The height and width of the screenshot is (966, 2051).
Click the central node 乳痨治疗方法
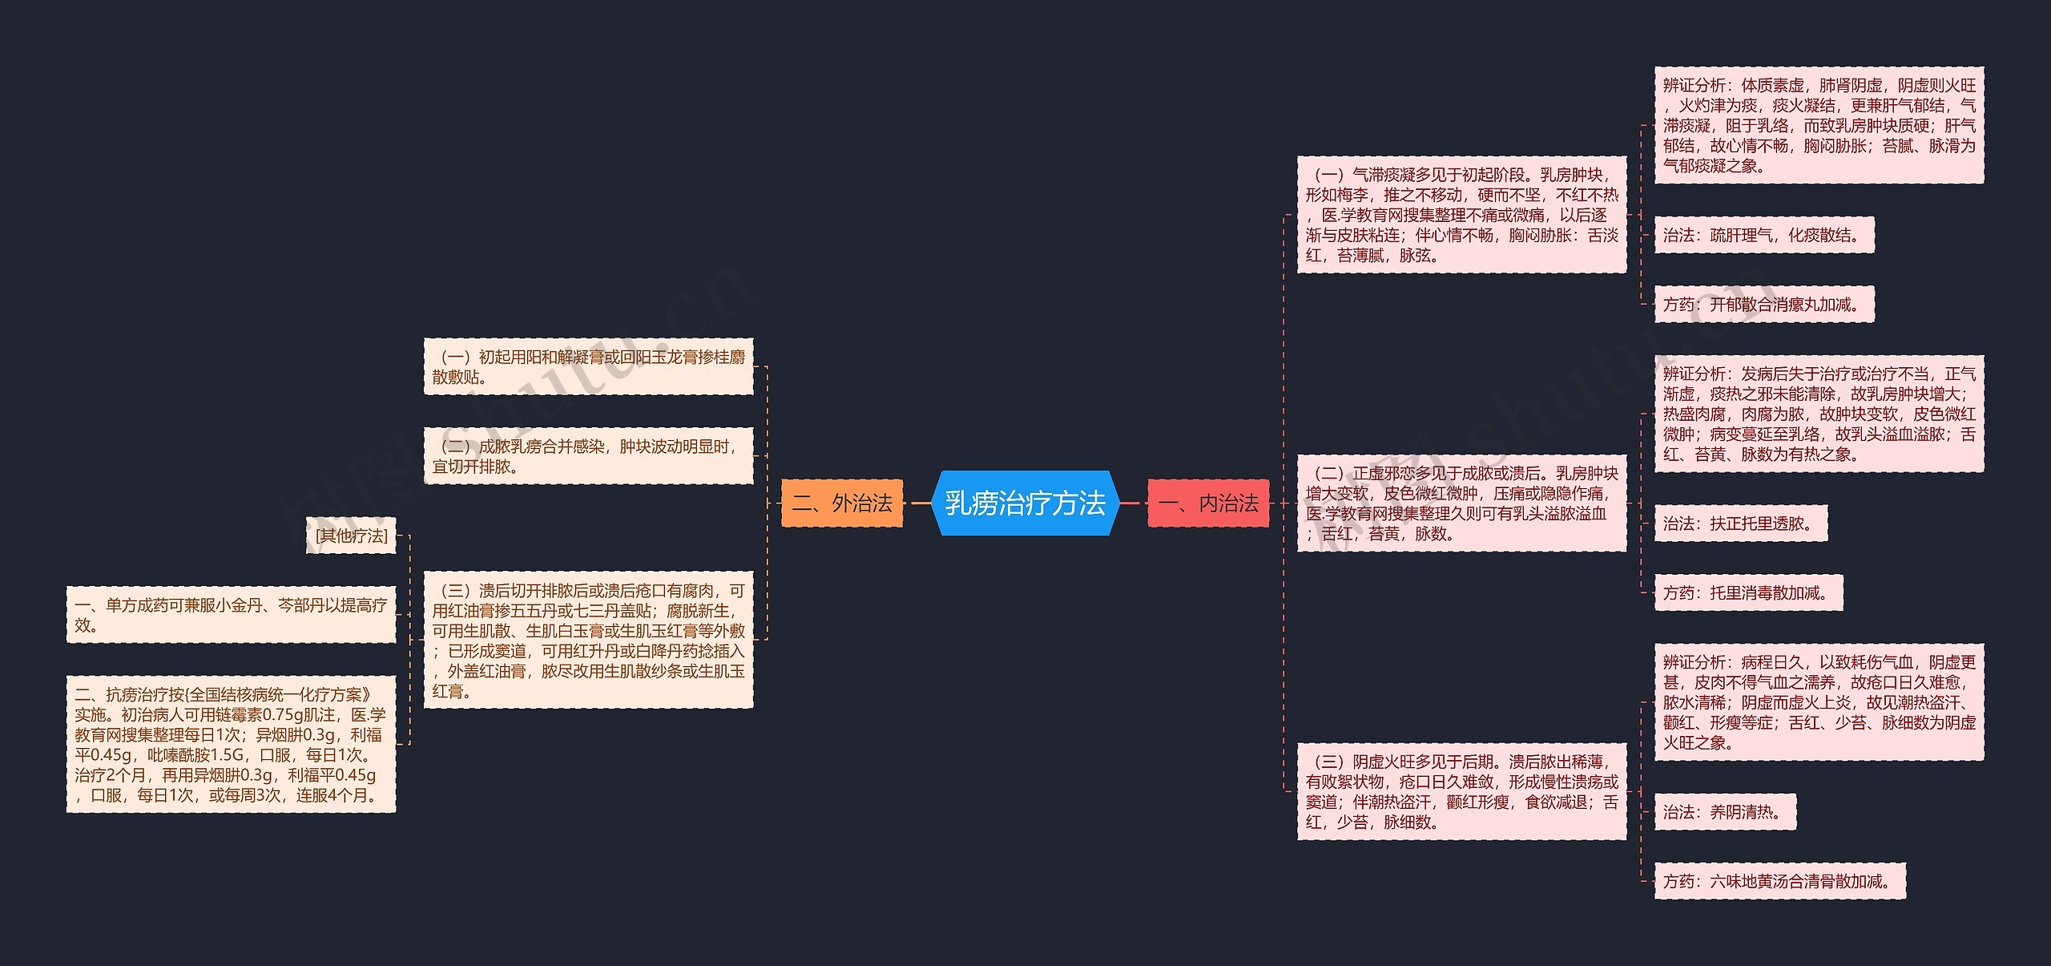coord(1025,503)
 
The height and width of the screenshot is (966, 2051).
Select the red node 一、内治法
coord(1208,503)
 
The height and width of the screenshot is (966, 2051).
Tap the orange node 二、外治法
coord(842,503)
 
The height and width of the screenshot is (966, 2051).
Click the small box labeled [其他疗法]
coord(351,536)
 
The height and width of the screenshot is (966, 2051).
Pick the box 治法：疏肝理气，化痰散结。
coord(1764,235)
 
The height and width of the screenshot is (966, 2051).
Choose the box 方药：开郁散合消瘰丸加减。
coord(1764,305)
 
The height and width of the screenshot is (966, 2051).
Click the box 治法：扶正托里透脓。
coord(1741,523)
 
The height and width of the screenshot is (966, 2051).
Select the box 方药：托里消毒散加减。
coord(1748,593)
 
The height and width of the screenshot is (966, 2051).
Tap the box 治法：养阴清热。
coord(1725,812)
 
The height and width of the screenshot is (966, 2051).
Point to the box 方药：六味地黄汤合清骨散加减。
coord(1779,882)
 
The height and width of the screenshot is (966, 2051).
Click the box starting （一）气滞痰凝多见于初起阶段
coord(1461,215)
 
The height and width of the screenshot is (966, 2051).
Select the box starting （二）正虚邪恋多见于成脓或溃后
coord(1461,503)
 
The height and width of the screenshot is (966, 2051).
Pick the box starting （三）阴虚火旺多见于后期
coord(1461,792)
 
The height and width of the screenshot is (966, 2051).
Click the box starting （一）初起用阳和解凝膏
coord(588,366)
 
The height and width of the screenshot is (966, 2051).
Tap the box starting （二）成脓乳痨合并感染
coord(588,456)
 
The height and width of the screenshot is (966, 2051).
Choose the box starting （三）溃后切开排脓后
coord(588,640)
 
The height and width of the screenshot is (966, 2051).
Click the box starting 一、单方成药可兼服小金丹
coord(231,615)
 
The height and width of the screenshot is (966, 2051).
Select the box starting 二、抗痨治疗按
coord(231,745)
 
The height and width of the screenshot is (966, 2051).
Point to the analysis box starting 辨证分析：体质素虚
coord(1819,125)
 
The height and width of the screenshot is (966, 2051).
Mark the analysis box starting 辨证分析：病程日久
coord(1819,702)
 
